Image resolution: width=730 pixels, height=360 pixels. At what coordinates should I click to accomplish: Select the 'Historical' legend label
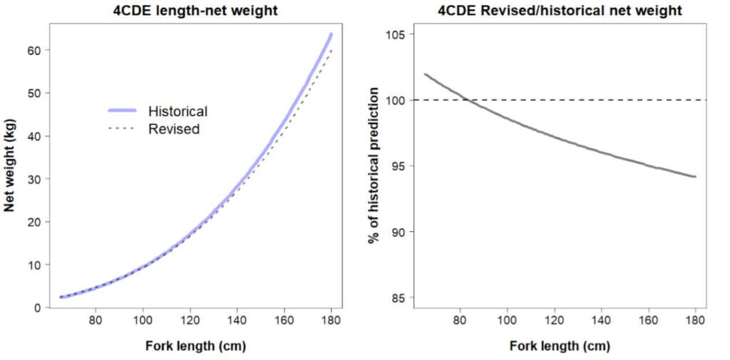[x=178, y=111]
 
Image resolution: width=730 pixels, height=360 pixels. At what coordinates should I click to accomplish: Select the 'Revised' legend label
[x=173, y=129]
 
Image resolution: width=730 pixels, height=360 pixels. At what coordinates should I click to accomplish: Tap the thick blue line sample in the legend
[x=123, y=111]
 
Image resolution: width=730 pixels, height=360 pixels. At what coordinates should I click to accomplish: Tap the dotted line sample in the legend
[x=123, y=129]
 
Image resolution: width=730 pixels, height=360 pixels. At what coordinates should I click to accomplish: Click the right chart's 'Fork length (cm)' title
[x=560, y=346]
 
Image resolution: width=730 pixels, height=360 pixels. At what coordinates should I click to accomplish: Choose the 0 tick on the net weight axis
[x=38, y=307]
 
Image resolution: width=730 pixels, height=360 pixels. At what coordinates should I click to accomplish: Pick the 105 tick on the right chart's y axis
[x=397, y=34]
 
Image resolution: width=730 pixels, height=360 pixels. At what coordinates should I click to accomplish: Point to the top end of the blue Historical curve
[x=331, y=34]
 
